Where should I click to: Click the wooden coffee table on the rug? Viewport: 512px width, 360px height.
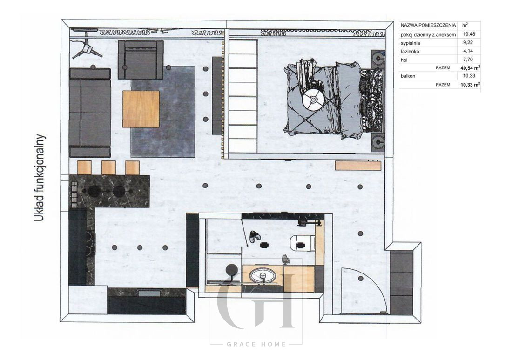click(141, 109)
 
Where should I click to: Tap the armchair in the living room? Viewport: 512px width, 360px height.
click(141, 60)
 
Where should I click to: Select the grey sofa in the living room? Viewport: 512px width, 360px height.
click(90, 113)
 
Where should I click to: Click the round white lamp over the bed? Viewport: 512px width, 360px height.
click(313, 99)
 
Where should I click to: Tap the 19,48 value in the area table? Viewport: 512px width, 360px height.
click(469, 34)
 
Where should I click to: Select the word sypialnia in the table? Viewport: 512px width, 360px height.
click(410, 43)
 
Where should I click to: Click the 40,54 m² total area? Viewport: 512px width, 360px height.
click(470, 68)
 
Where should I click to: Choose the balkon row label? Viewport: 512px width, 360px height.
click(408, 76)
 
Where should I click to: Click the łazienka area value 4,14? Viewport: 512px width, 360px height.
click(468, 51)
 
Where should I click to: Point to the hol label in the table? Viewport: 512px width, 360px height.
click(404, 60)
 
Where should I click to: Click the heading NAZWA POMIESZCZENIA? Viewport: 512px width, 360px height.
click(428, 25)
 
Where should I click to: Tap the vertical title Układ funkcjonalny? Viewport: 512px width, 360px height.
click(40, 178)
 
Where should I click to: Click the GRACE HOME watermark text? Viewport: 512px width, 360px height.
click(256, 344)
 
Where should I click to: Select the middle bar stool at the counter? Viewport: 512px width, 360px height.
click(109, 168)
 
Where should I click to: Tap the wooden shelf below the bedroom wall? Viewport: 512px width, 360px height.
click(358, 165)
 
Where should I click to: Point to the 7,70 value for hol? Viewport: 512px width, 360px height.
click(468, 60)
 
